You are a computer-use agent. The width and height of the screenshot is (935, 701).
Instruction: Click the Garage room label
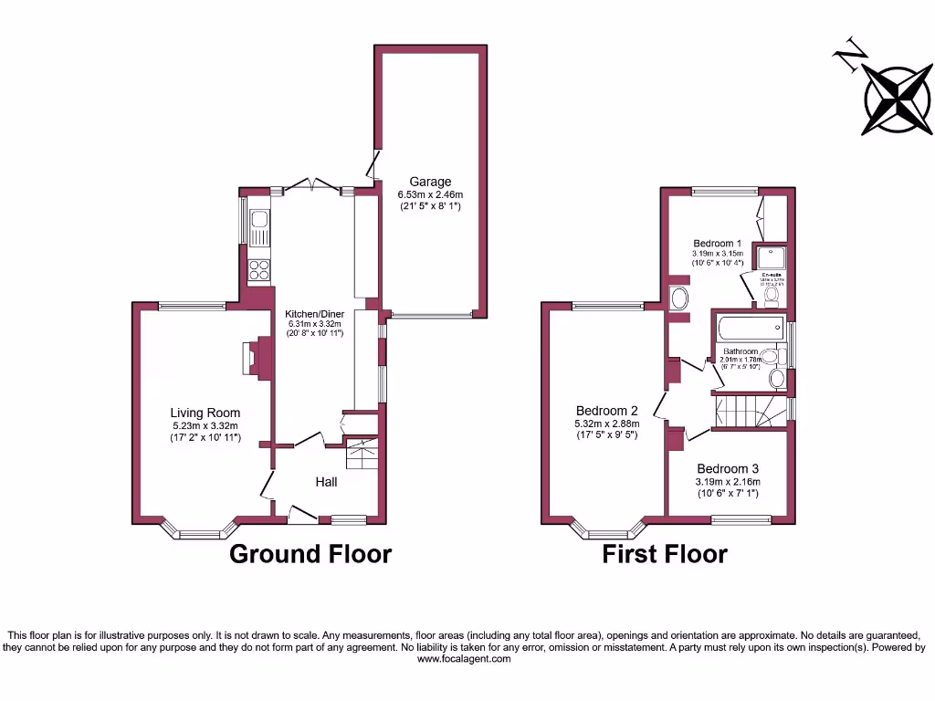(x=430, y=182)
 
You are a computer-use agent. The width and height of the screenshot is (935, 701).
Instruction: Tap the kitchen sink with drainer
(x=258, y=229)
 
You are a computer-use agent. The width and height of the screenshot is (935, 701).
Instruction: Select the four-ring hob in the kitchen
(x=258, y=270)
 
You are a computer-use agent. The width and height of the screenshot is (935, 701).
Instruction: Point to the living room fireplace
(x=250, y=358)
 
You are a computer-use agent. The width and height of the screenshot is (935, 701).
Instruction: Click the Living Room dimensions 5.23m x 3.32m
(x=205, y=425)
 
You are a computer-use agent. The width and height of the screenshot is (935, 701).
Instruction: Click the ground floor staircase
(x=362, y=453)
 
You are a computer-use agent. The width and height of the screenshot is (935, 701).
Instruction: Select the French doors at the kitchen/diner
(x=313, y=186)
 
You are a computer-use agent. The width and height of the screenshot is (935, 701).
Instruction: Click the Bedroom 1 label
(x=718, y=243)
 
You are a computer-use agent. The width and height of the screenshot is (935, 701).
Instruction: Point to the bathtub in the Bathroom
(x=749, y=328)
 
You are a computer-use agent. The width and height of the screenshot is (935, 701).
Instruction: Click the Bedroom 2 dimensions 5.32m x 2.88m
(x=607, y=423)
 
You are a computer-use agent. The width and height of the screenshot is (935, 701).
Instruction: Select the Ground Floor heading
(x=310, y=554)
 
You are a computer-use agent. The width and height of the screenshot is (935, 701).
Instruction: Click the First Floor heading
(x=665, y=554)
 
